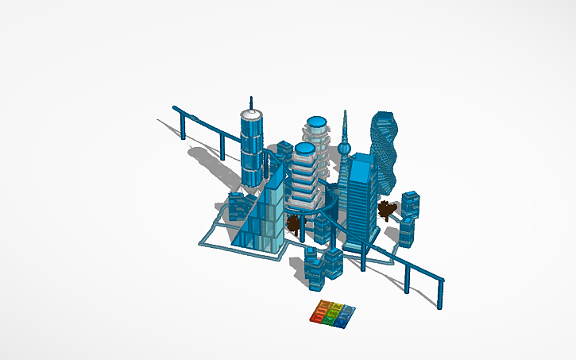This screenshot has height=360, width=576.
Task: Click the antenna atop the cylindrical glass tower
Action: (x=252, y=103)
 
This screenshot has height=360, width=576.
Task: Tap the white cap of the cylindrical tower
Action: (x=252, y=115)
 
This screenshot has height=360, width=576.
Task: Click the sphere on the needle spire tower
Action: (x=345, y=146)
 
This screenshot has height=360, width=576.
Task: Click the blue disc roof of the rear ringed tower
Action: (x=317, y=122)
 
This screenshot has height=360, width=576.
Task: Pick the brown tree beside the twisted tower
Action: (x=387, y=210)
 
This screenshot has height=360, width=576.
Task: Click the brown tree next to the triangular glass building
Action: (x=295, y=226)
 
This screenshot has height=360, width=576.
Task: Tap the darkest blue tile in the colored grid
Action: (x=341, y=322)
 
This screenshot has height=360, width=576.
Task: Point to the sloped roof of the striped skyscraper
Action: (x=362, y=161)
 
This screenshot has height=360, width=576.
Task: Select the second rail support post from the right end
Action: (x=407, y=276)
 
